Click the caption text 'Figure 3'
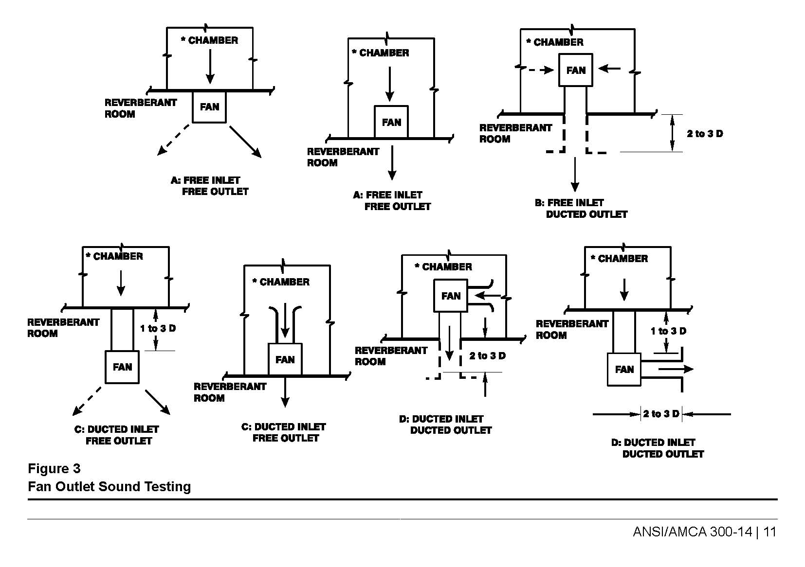[x=54, y=469]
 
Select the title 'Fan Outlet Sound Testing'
[x=109, y=487]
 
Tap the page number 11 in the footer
[x=769, y=532]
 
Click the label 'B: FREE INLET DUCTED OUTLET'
[x=581, y=209]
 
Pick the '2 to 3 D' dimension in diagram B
[x=704, y=134]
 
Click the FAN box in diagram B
[x=576, y=71]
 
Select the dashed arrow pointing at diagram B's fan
[x=540, y=70]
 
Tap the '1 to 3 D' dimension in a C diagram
[x=158, y=329]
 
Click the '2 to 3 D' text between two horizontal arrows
[x=660, y=414]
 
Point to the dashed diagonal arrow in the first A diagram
[x=173, y=140]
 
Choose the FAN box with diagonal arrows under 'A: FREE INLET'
[x=209, y=107]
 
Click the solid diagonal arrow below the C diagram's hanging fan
[x=158, y=402]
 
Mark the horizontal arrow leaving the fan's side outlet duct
[x=676, y=369]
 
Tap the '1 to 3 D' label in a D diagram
[x=668, y=332]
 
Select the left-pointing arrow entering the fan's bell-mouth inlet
[x=487, y=295]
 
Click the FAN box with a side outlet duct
[x=624, y=370]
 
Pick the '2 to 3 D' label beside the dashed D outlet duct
[x=487, y=356]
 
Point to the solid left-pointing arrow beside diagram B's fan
[x=609, y=69]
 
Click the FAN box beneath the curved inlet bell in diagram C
[x=285, y=360]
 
